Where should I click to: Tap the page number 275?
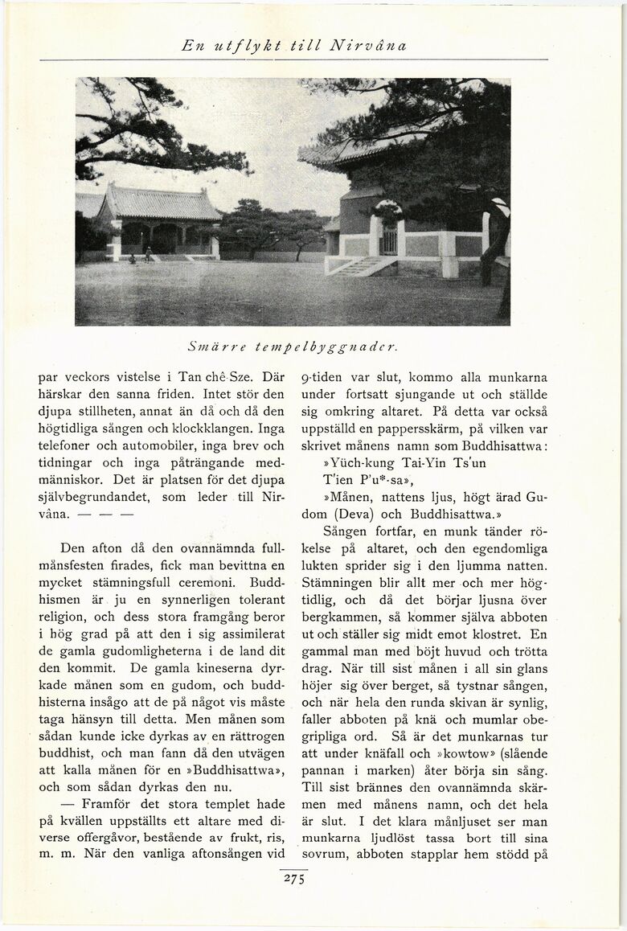tap(293, 879)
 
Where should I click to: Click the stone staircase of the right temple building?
tap(354, 266)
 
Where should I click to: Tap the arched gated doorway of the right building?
tap(389, 238)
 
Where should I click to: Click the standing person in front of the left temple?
tap(148, 254)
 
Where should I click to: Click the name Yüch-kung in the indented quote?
tap(352, 464)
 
